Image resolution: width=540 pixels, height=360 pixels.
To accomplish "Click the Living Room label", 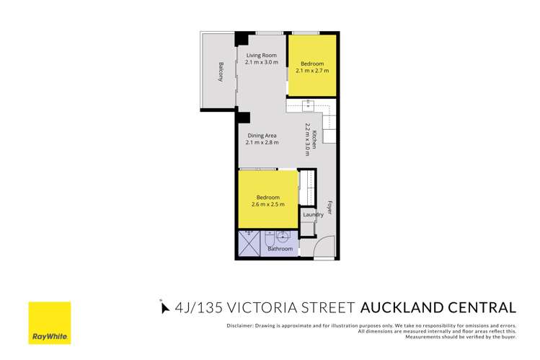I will [262, 56].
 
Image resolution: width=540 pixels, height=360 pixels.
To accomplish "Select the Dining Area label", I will [262, 136].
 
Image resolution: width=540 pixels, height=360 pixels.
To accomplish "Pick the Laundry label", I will [312, 214].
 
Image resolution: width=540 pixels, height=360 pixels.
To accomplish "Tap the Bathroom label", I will [280, 249].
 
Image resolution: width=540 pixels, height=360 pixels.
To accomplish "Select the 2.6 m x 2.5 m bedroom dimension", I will [267, 204].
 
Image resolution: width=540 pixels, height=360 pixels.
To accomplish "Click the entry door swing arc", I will [326, 245].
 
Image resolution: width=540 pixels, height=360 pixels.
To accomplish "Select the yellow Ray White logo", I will [49, 324].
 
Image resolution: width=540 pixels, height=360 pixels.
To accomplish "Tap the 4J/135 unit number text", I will [204, 308].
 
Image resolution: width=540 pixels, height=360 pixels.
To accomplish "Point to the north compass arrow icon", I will [162, 308].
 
